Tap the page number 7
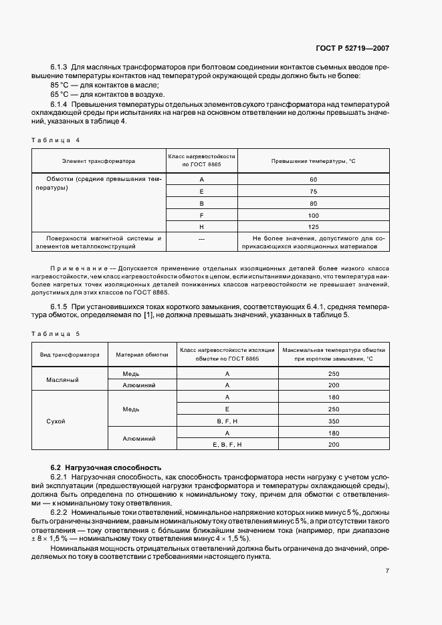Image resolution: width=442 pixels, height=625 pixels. pos(387,571)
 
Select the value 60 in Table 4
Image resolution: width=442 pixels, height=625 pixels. pos(313,180)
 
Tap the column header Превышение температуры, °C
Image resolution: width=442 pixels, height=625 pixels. pos(313,160)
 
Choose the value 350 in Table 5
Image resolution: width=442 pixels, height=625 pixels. pos(334,421)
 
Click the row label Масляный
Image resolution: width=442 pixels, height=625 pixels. pos(62,379)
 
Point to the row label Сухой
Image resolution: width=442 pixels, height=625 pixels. pos(56,421)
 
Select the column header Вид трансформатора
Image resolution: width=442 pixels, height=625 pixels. pos(70,355)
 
